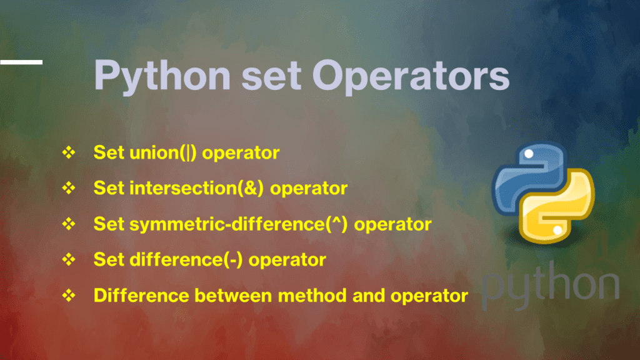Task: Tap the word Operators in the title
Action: [x=411, y=76]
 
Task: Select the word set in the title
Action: [x=273, y=76]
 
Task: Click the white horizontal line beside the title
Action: [x=21, y=62]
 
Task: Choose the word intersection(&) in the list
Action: [x=202, y=188]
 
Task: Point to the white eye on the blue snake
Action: [x=529, y=153]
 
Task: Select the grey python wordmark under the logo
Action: [x=550, y=284]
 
